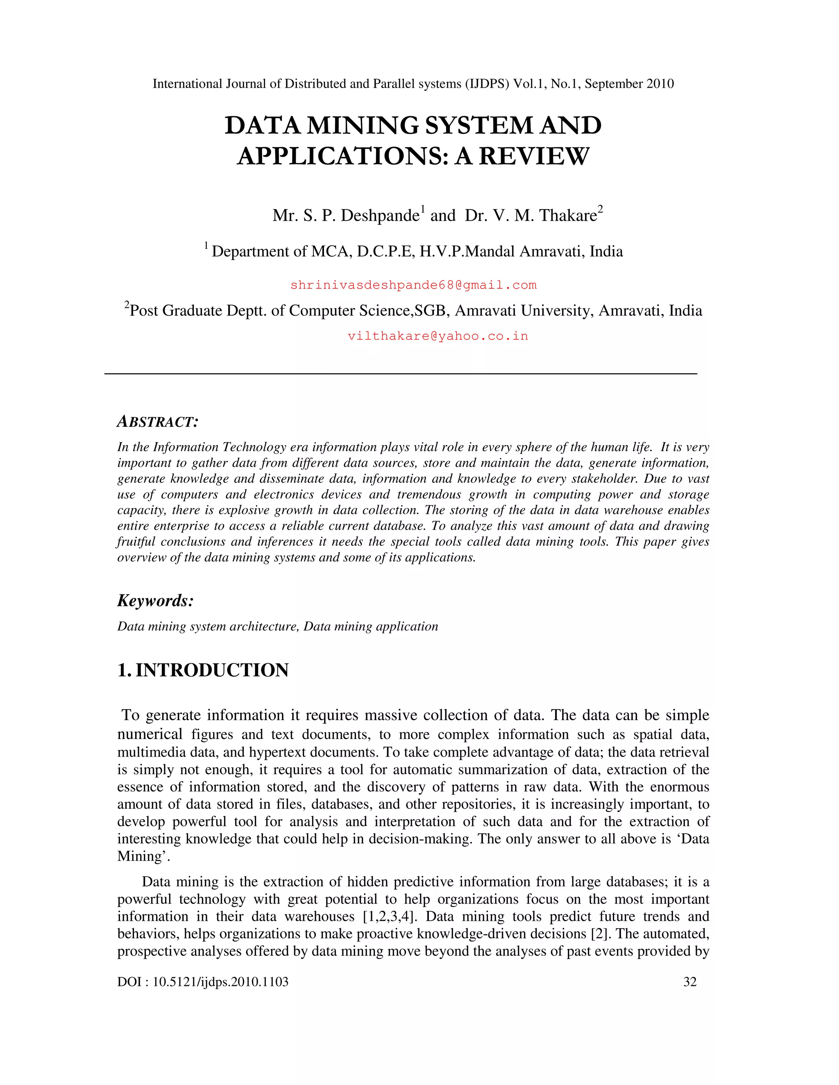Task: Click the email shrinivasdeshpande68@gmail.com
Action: tap(413, 285)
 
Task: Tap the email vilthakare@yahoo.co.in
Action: tap(438, 336)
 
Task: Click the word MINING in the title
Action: tap(363, 125)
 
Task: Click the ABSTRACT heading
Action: tap(158, 422)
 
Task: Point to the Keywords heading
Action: tap(155, 601)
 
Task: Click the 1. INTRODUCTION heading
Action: tap(203, 670)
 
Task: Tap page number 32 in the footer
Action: tap(690, 982)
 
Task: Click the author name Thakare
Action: tap(568, 216)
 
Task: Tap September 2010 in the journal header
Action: tap(629, 84)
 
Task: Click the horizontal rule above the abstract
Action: tap(401, 373)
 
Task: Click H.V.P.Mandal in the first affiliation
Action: tap(467, 251)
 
